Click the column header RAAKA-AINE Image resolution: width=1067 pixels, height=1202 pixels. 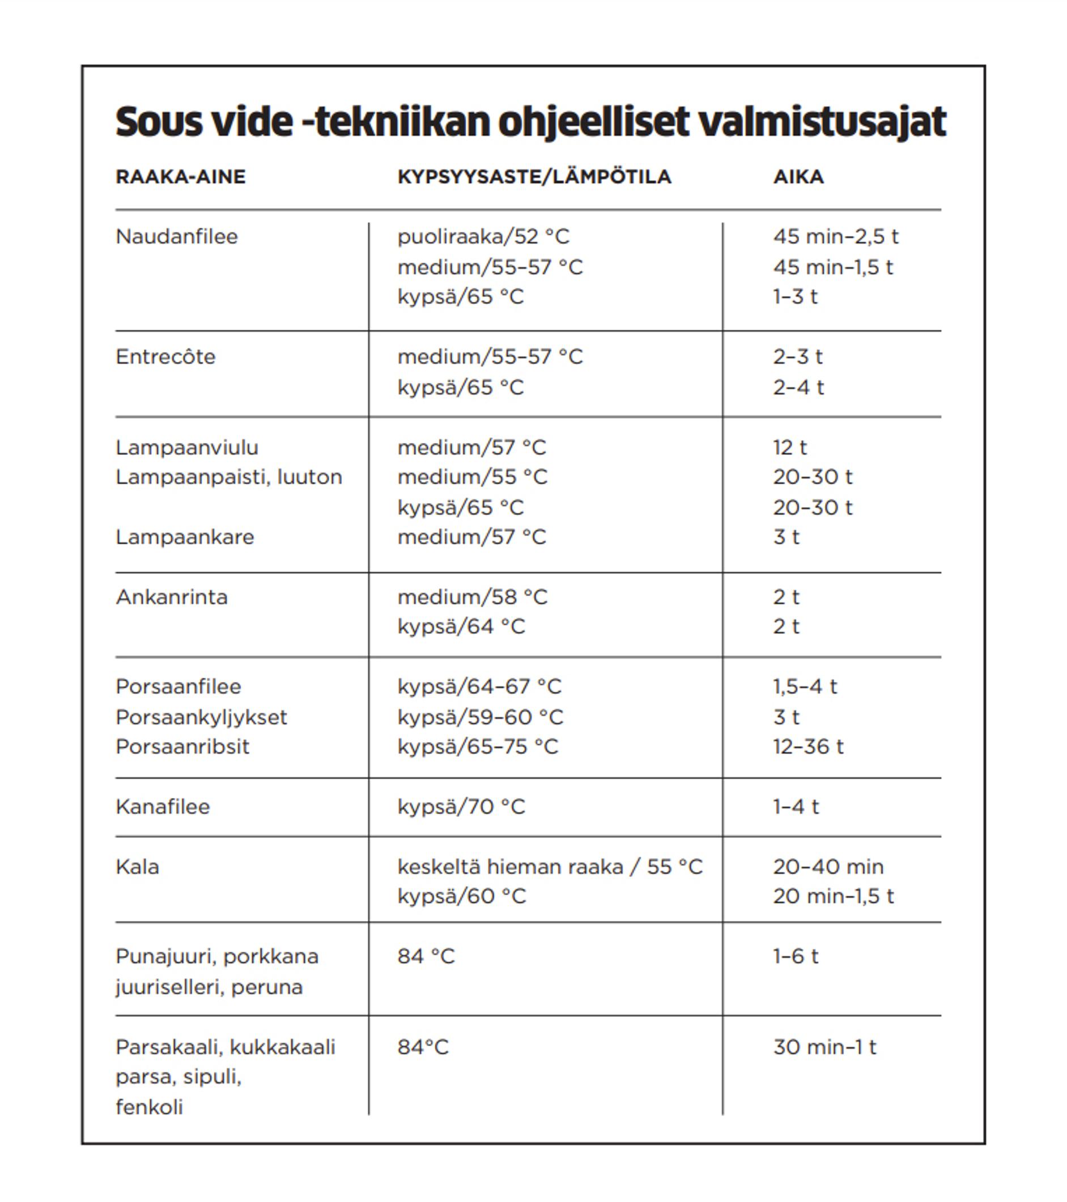181,177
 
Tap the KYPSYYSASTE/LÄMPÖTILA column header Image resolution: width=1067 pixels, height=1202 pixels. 534,177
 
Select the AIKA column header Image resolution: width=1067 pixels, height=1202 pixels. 798,177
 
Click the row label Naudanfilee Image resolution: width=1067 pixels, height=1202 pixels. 177,237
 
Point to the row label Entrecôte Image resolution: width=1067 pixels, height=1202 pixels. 166,357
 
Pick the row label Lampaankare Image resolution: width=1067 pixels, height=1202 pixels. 185,537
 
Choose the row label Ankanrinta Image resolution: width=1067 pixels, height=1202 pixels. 172,598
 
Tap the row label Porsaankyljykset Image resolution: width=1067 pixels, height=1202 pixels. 201,718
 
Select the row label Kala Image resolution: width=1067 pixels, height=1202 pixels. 138,867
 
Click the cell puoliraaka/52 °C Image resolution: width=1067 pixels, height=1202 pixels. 483,237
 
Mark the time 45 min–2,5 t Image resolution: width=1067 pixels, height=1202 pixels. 835,237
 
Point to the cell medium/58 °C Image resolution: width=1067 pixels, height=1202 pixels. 473,598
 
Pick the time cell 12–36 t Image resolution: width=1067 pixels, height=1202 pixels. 808,747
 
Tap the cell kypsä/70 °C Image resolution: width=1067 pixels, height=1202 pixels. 461,807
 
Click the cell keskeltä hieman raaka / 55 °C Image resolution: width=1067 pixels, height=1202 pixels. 550,867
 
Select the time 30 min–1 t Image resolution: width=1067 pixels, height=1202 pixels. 824,1047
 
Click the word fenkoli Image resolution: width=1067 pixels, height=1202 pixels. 150,1107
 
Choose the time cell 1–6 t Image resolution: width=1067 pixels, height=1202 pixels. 795,957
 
